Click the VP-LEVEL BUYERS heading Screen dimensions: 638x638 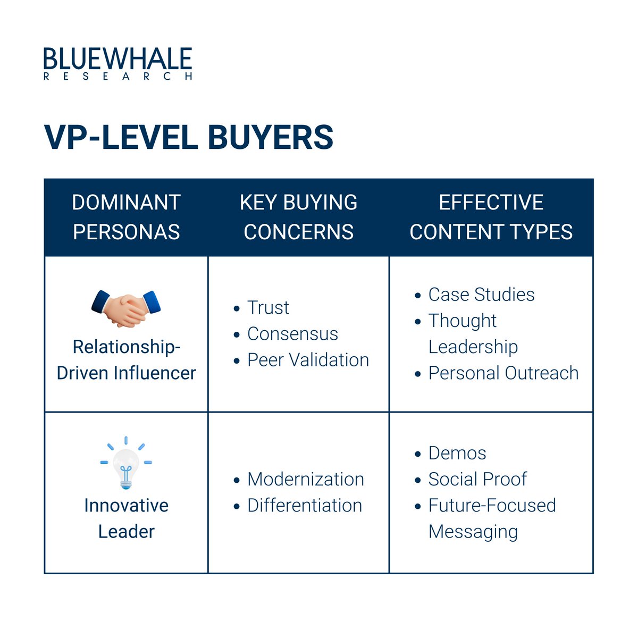tap(189, 137)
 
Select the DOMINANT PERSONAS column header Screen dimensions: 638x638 tap(127, 217)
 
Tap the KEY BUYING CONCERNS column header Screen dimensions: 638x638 tap(298, 217)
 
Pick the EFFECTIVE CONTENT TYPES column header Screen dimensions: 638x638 tap(491, 217)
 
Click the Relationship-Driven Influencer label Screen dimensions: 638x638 tap(127, 360)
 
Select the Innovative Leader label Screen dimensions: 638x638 tap(127, 518)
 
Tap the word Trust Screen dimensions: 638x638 tap(268, 308)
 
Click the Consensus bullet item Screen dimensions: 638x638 tap(292, 334)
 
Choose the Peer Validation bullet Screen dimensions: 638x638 tap(308, 360)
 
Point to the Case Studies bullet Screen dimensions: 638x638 tap(481, 295)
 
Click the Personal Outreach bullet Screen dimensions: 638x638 tap(503, 373)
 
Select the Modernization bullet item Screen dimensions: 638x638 tap(306, 480)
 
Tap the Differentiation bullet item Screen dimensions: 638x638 tap(305, 506)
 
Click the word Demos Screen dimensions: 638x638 tap(457, 454)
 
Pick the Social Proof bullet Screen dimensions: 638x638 tap(477, 480)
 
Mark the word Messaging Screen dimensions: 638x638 tap(473, 532)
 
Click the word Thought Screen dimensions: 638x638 tap(463, 321)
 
